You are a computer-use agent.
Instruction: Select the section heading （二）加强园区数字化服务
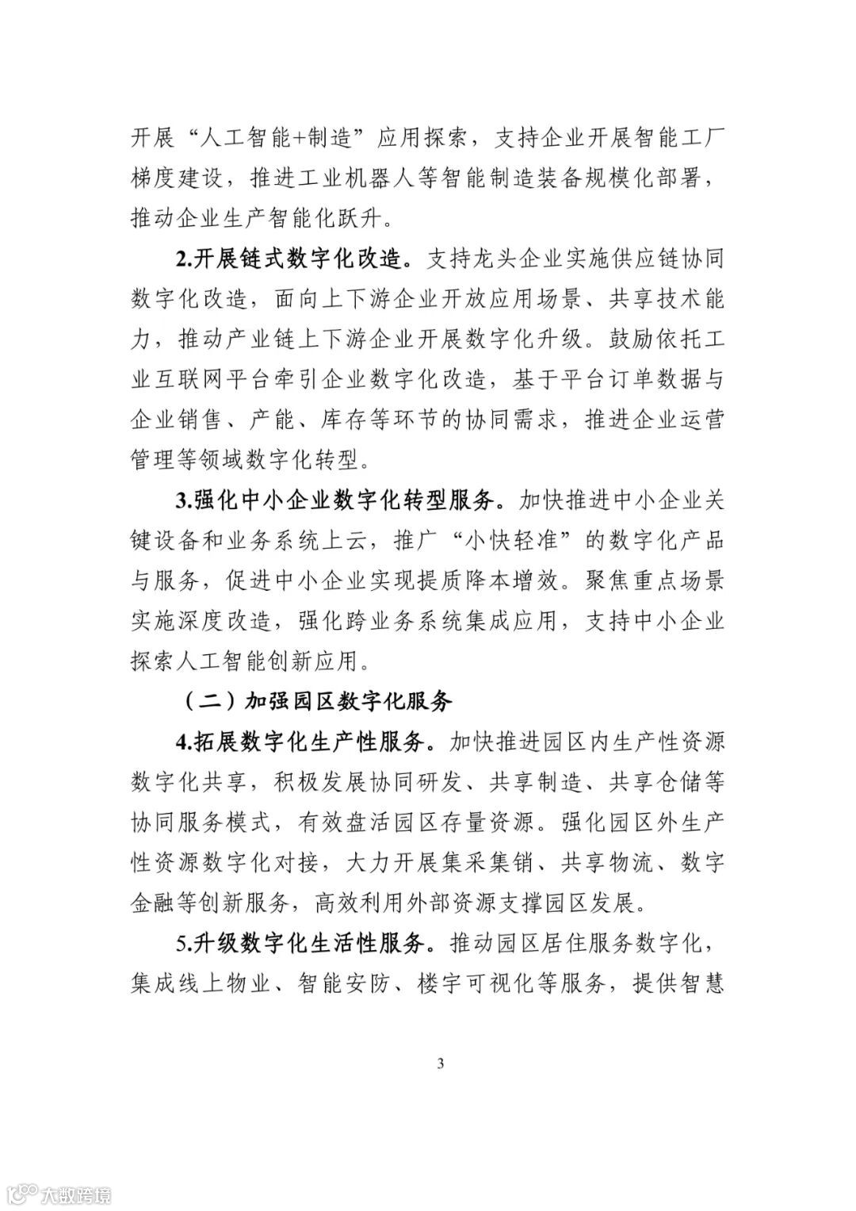(318, 701)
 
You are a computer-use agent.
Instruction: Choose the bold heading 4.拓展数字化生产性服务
(304, 742)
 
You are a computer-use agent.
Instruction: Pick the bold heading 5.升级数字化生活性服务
(304, 944)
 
